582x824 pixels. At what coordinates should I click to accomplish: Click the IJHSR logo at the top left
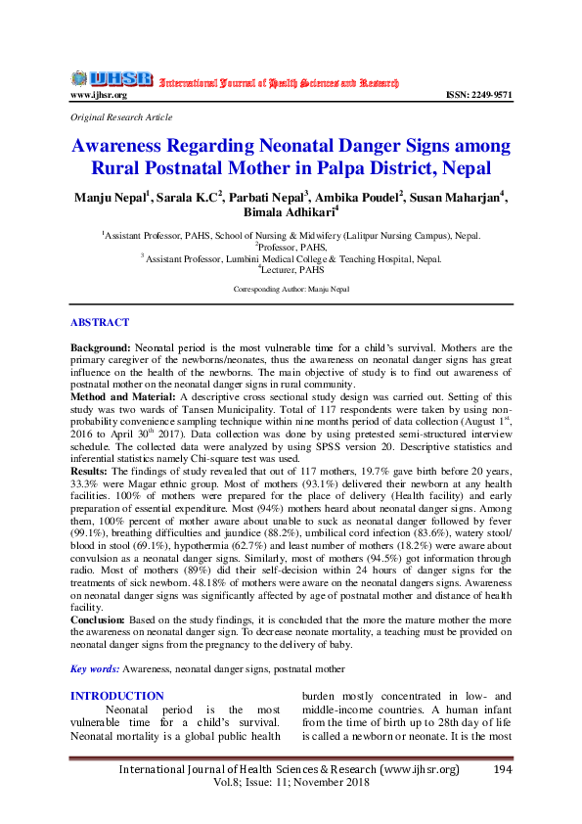point(110,78)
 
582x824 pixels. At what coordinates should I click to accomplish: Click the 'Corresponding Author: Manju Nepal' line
point(291,291)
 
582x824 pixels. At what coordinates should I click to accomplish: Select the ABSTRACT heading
point(99,322)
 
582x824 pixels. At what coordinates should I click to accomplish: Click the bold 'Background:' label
point(101,347)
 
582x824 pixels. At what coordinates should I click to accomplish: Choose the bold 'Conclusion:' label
point(98,619)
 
